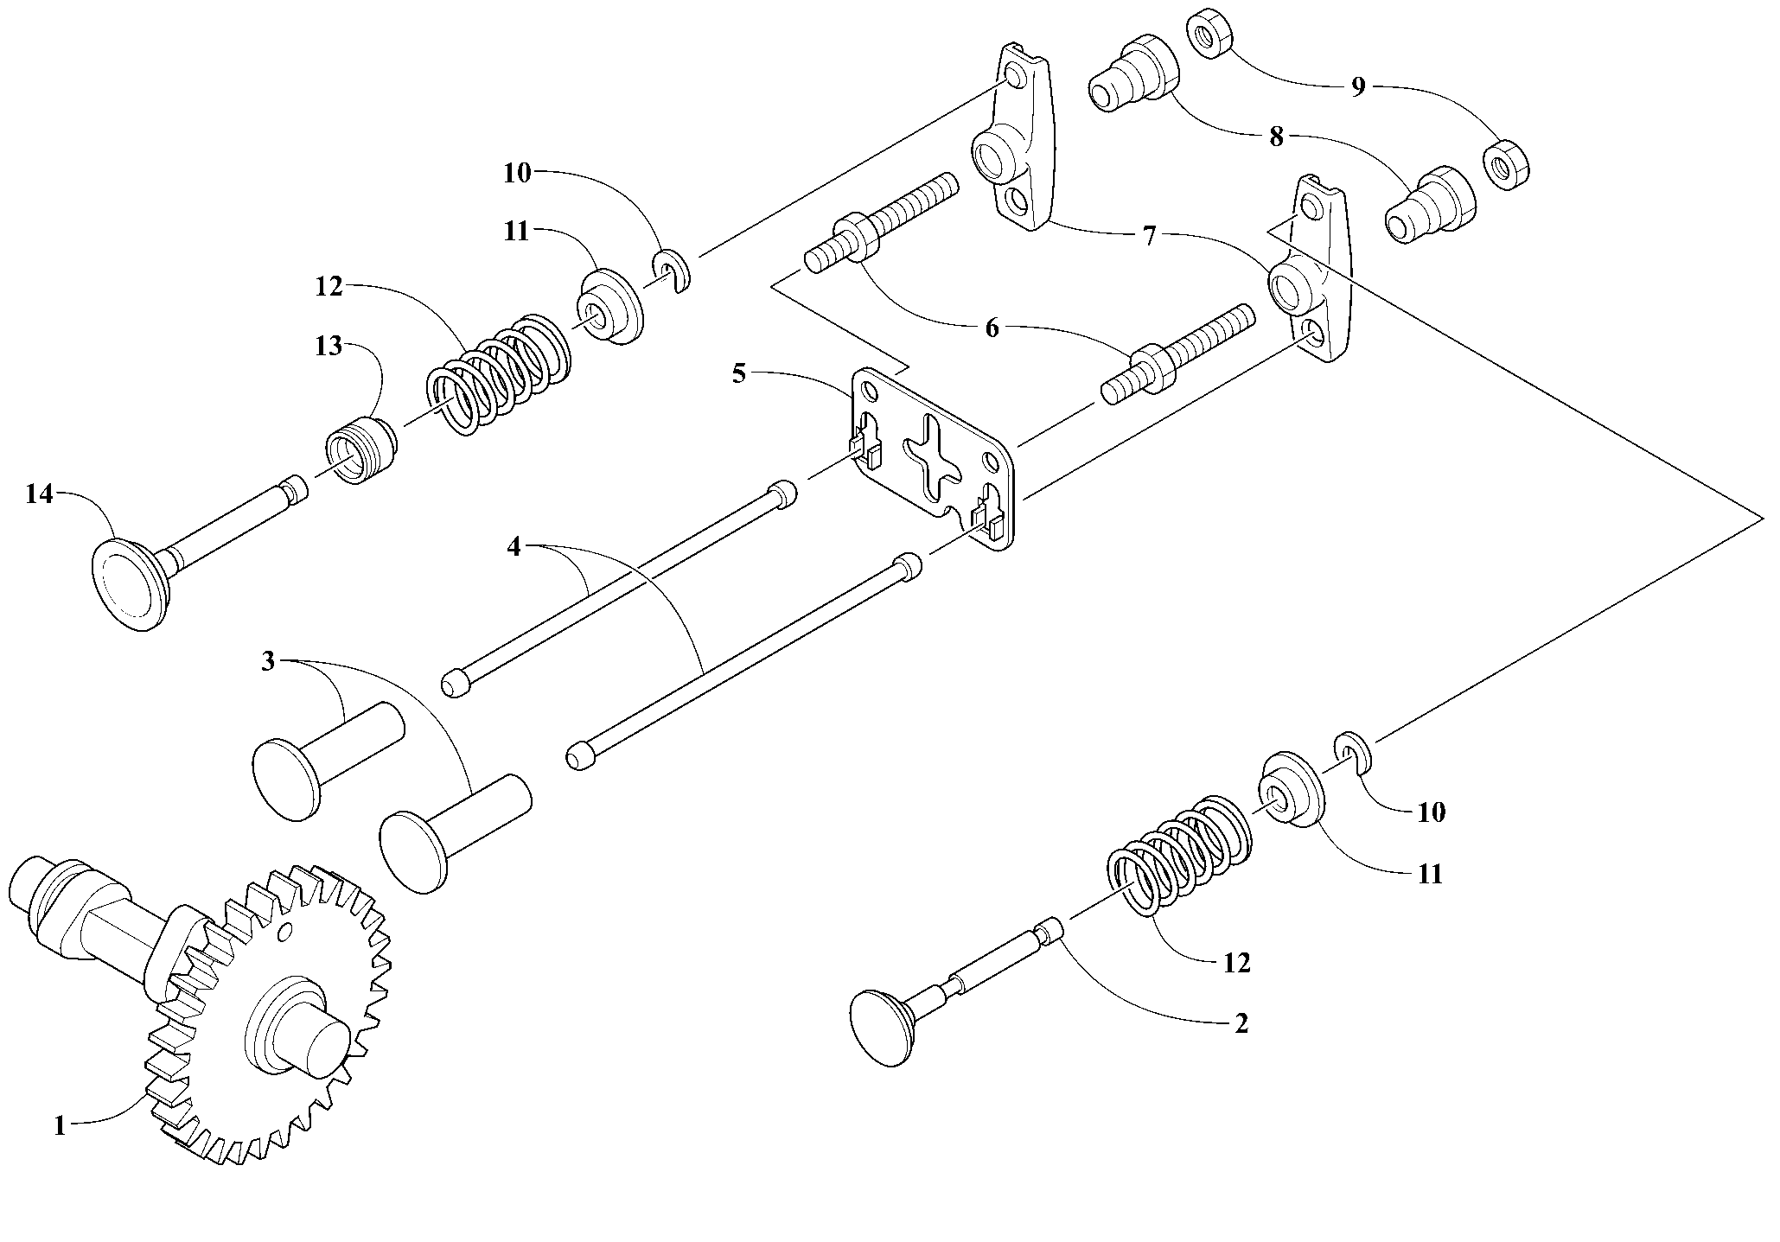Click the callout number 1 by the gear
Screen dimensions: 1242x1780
click(60, 1126)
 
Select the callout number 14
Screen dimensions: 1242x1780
click(39, 494)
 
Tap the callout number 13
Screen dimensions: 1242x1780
click(329, 347)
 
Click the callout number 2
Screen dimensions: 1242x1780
click(1241, 1023)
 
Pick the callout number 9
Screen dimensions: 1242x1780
click(1357, 86)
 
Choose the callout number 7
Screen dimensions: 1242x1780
click(1149, 236)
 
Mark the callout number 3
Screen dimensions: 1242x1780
click(268, 662)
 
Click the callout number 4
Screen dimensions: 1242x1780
click(514, 546)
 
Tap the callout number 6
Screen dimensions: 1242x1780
click(992, 328)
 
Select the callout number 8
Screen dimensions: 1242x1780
click(1276, 137)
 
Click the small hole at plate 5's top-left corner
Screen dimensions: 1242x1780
click(871, 392)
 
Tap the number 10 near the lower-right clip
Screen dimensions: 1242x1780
click(1432, 812)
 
